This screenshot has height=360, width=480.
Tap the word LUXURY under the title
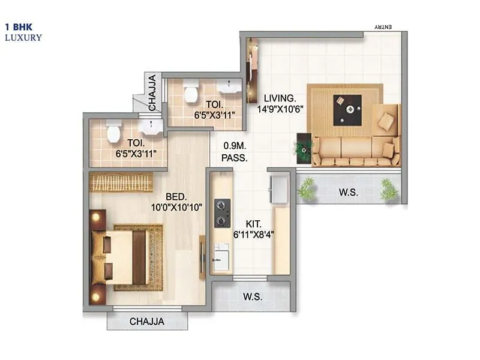(23, 37)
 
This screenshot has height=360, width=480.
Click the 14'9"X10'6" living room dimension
(281, 109)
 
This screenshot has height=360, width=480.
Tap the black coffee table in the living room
(347, 110)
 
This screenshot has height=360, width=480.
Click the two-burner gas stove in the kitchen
(221, 214)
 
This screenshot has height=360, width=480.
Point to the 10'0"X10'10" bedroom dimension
(177, 208)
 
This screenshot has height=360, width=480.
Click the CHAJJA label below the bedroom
(147, 322)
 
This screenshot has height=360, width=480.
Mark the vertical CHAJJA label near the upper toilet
(152, 93)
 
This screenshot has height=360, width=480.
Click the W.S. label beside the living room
(348, 193)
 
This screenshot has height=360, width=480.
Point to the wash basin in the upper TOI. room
(229, 89)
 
